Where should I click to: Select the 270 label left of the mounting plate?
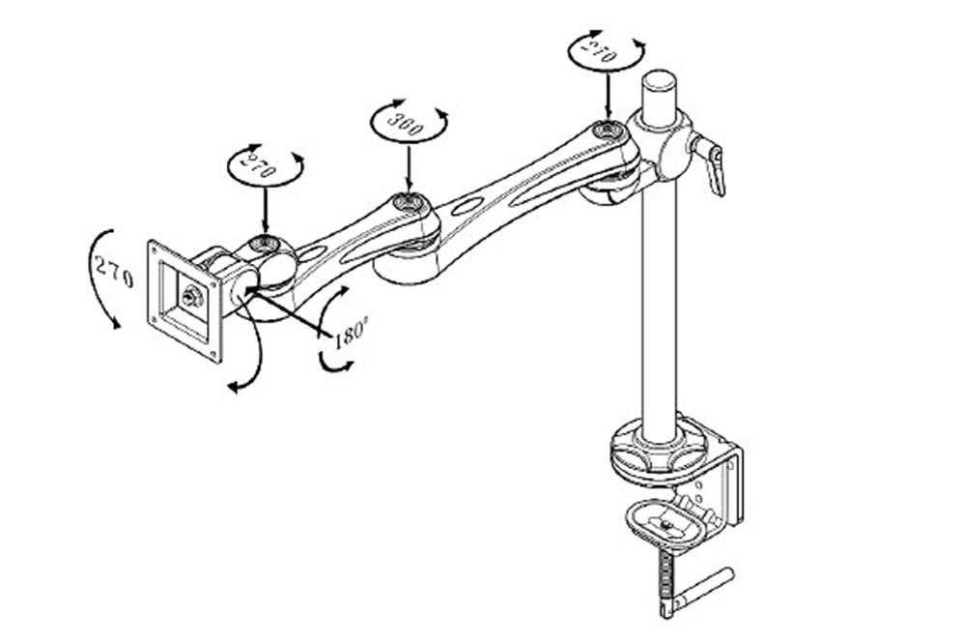(114, 272)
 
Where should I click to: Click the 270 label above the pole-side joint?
(600, 50)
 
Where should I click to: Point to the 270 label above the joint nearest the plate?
(259, 165)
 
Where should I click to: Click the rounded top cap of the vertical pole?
(659, 80)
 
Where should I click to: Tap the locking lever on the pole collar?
(710, 162)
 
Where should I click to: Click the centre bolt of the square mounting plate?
(190, 296)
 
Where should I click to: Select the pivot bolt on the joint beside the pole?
(608, 131)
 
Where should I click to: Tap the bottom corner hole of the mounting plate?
(213, 354)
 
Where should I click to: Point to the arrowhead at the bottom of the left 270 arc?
(115, 322)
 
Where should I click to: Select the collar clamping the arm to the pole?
(662, 142)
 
